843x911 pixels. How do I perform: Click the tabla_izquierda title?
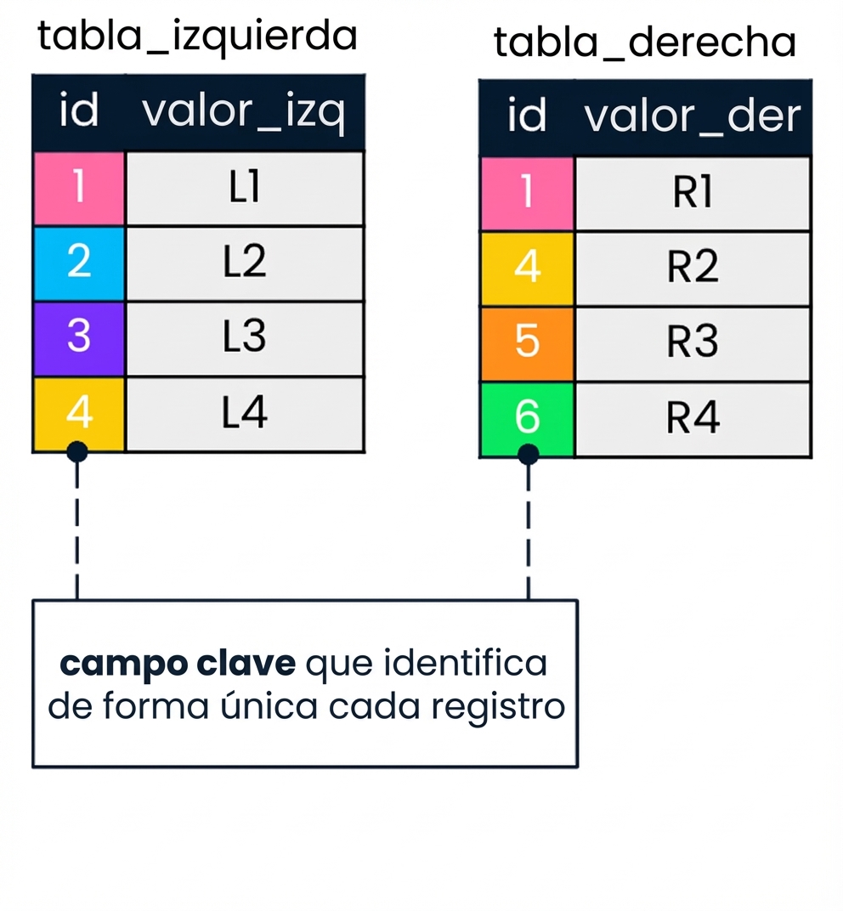[x=197, y=37]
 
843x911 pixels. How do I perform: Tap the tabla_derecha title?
[x=644, y=42]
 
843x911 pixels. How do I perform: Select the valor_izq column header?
[x=244, y=113]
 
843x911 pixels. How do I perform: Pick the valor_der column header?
[x=692, y=117]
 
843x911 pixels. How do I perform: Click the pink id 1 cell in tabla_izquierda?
[x=79, y=188]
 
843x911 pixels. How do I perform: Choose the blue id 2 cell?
[x=79, y=263]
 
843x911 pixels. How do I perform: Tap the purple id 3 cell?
[x=79, y=337]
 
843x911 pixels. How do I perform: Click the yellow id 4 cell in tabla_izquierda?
[x=79, y=413]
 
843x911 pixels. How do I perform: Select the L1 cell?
[x=244, y=188]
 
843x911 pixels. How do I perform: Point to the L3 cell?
[x=244, y=337]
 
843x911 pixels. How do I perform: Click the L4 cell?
[x=244, y=413]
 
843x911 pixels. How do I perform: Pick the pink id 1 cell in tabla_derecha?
[x=527, y=194]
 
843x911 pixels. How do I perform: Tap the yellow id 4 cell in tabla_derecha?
[x=527, y=268]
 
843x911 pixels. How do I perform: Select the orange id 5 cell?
[x=527, y=342]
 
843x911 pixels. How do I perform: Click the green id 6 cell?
[x=527, y=418]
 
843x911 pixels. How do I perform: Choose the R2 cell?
[x=693, y=268]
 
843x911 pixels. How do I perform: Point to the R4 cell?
[x=693, y=418]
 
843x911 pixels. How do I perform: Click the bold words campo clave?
[x=178, y=664]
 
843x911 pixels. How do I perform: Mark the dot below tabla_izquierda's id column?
[x=77, y=451]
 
